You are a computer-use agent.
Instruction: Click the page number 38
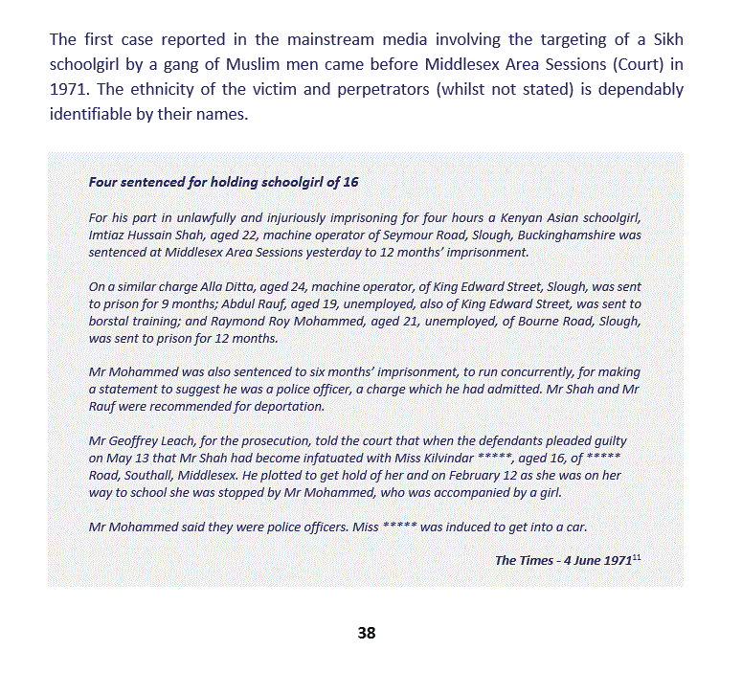pyautogui.click(x=366, y=633)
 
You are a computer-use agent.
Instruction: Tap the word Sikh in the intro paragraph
pyautogui.click(x=666, y=40)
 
